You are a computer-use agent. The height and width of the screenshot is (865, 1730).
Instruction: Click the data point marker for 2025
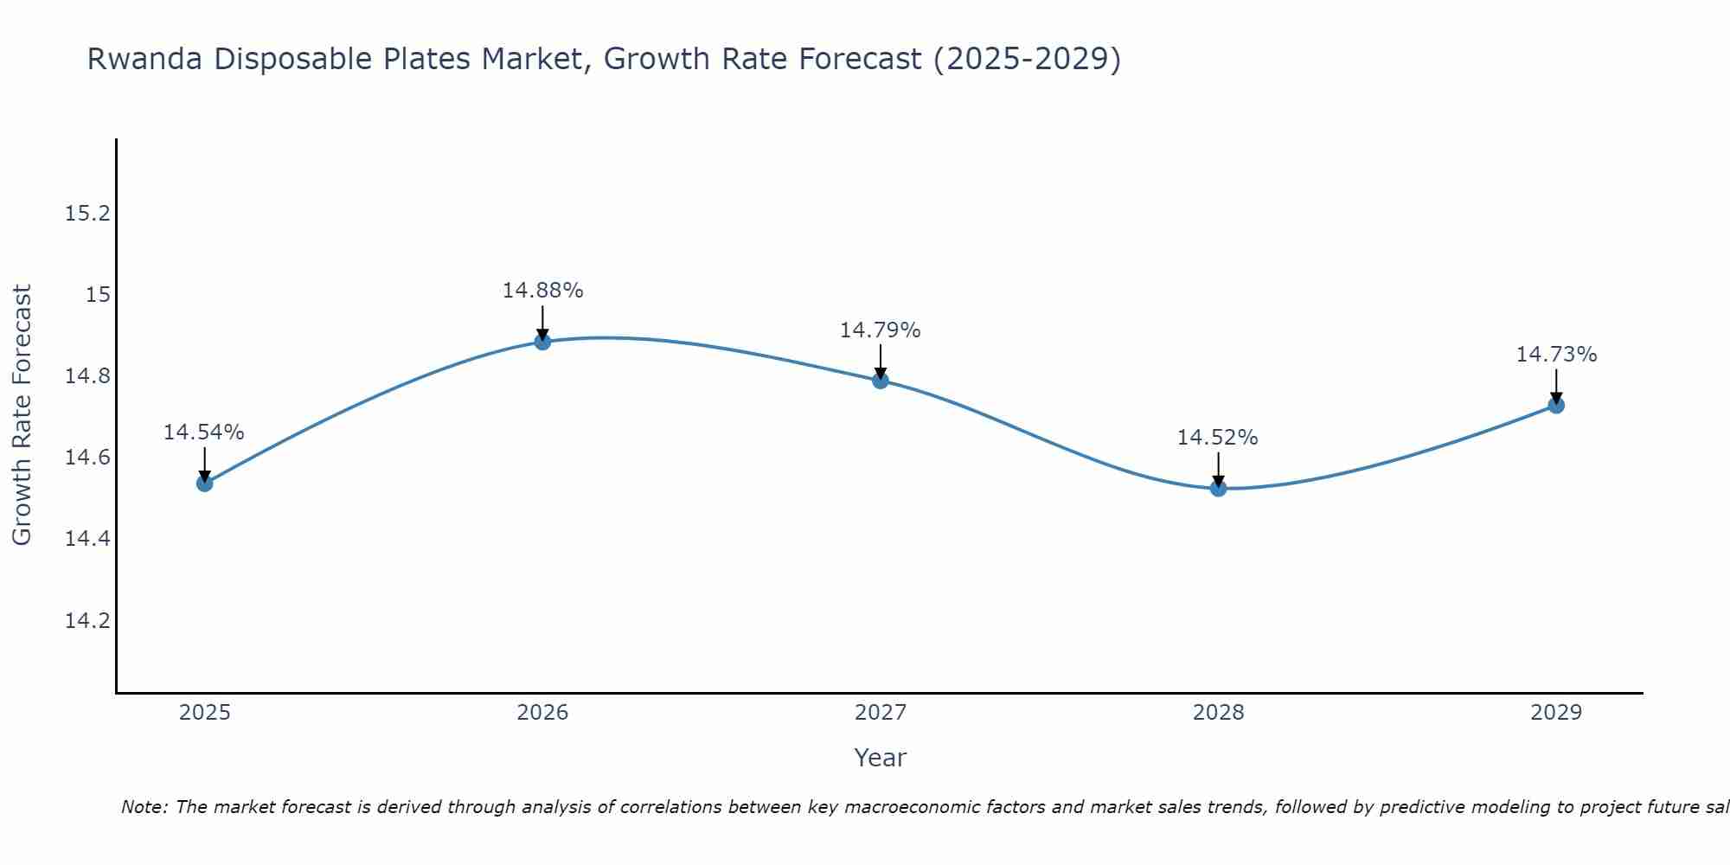click(205, 483)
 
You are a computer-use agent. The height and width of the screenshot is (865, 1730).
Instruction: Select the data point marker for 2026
click(542, 342)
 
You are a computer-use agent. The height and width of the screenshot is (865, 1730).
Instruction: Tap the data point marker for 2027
click(881, 380)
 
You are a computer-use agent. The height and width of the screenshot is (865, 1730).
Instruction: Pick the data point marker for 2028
click(1218, 488)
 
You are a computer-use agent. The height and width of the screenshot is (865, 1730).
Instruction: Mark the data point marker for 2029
click(1556, 405)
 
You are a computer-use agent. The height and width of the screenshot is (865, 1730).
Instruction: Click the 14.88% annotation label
click(542, 291)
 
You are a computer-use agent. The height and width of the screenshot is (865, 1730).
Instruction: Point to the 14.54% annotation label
click(204, 432)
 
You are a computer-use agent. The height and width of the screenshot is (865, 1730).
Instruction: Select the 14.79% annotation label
click(881, 330)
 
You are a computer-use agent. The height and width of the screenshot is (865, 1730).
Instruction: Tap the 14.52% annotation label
click(1218, 438)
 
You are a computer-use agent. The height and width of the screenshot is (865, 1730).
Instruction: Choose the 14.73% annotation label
click(1556, 355)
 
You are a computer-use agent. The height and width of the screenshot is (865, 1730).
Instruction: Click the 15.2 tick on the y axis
click(88, 214)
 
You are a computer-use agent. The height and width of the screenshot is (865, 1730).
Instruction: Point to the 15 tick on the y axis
click(98, 295)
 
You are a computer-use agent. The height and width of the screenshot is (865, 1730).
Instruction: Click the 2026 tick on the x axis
click(542, 713)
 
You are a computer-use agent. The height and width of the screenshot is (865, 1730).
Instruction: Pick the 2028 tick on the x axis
click(1218, 713)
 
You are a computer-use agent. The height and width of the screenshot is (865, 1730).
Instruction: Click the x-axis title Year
click(881, 758)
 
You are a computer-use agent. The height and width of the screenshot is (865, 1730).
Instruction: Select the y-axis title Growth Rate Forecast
click(22, 415)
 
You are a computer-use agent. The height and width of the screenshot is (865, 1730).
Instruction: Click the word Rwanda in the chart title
click(145, 60)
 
